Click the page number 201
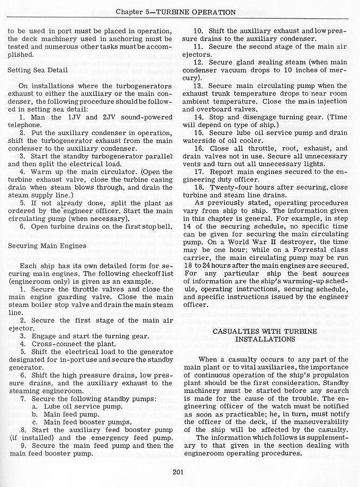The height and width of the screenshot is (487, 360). click(178, 473)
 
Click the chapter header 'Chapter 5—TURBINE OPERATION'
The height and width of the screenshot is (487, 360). click(176, 12)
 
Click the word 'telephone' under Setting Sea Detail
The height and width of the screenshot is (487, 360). click(25, 125)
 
